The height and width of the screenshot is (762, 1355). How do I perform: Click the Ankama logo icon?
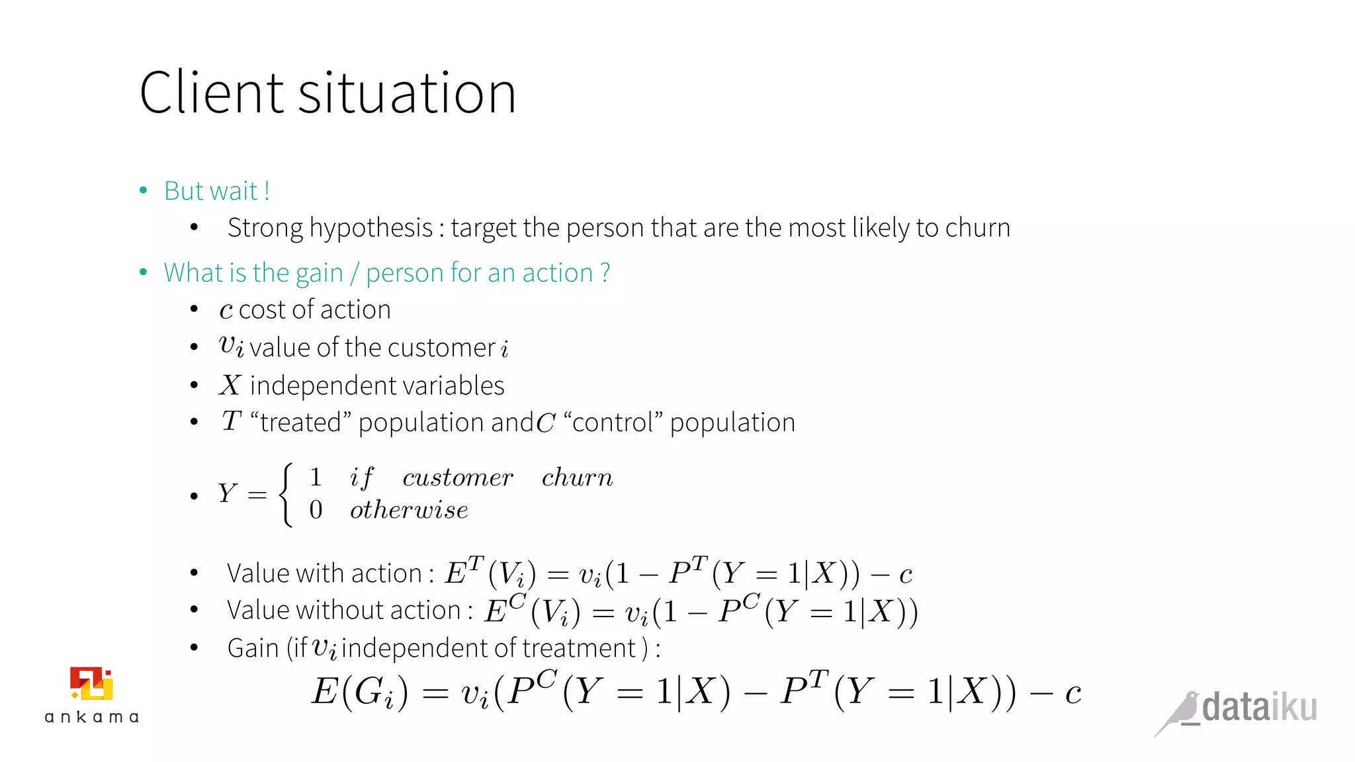point(91,684)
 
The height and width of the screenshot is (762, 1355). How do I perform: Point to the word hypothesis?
point(371,228)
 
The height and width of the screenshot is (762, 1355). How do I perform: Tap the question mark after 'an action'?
point(605,273)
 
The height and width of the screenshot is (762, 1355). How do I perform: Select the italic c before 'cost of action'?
point(226,310)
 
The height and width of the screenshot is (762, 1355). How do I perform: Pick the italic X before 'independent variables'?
point(230,385)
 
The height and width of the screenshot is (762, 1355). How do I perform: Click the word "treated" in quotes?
point(300,423)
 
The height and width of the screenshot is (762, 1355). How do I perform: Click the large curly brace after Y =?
point(286,495)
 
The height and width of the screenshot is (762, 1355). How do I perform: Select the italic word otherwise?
point(409,510)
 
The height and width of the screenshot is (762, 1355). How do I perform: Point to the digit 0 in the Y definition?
point(316,510)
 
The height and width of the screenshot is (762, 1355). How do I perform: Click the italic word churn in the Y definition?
point(577,478)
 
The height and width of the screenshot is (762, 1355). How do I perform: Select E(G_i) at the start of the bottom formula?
point(360,693)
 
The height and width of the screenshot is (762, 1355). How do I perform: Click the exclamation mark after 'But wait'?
point(267,191)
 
